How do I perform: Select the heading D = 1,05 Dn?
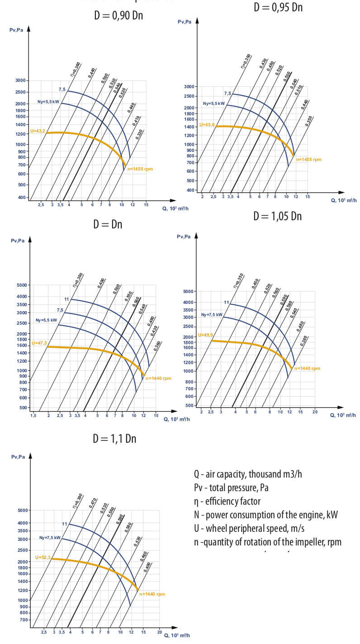click(x=277, y=216)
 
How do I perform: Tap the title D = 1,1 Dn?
click(x=114, y=438)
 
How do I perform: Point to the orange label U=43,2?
click(x=38, y=131)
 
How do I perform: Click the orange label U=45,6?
click(x=207, y=125)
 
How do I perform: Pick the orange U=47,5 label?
click(x=39, y=344)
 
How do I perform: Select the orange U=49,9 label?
click(x=205, y=336)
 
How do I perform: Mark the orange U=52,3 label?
click(x=43, y=558)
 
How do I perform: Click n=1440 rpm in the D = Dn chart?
click(x=158, y=378)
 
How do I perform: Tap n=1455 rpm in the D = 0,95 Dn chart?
click(x=309, y=160)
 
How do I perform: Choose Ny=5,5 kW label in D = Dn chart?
click(x=46, y=320)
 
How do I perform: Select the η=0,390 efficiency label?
click(x=76, y=500)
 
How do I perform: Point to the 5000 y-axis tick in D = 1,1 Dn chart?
click(x=22, y=511)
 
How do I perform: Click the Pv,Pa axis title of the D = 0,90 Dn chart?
click(x=16, y=30)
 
